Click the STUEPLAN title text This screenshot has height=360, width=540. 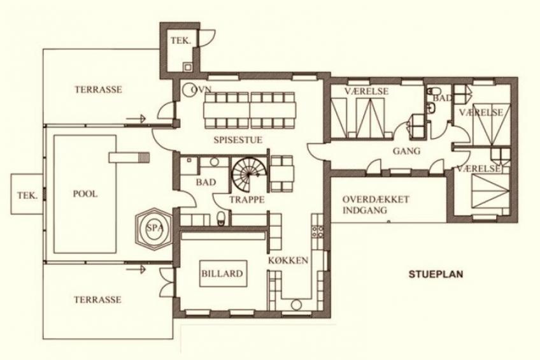tap(436, 274)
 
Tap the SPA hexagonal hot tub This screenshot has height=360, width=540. tap(153, 227)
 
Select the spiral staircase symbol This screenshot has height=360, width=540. tap(247, 175)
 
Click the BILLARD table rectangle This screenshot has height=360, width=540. tap(223, 273)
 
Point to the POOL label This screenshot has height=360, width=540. tap(85, 194)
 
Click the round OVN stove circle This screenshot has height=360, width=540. tap(189, 90)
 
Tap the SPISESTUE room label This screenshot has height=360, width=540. tap(238, 140)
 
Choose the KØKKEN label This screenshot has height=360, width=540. tap(288, 261)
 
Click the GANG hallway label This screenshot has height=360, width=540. tap(407, 151)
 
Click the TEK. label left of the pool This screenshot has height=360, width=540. tap(27, 196)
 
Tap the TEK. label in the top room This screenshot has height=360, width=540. tap(181, 41)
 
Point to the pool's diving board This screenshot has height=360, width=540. tap(129, 157)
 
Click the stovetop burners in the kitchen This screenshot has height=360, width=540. tap(318, 231)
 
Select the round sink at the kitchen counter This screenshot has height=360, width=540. tap(296, 305)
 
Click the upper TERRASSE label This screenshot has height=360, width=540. tap(99, 90)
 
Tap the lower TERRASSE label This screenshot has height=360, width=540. tap(97, 299)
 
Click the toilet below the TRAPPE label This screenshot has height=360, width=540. tap(221, 219)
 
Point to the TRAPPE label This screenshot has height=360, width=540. tap(247, 199)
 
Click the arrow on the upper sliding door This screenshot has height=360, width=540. tap(136, 119)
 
